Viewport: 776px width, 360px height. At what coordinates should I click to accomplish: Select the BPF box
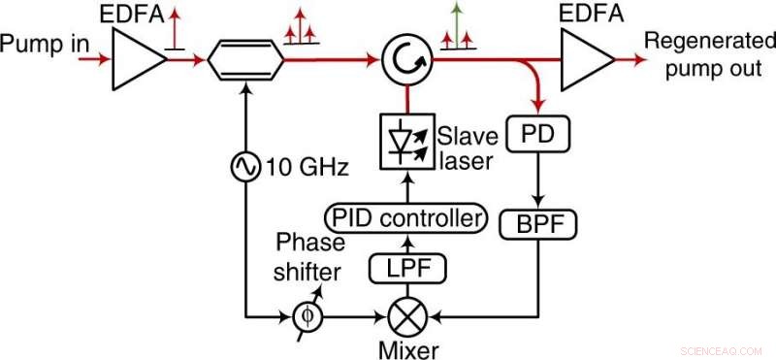tap(536, 226)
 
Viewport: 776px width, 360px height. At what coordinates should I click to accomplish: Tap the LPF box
tap(399, 265)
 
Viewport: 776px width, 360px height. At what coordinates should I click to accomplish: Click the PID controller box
tap(404, 217)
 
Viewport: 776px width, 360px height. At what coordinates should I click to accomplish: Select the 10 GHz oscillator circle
tap(242, 168)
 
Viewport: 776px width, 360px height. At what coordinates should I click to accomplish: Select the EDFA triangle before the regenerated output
tap(584, 60)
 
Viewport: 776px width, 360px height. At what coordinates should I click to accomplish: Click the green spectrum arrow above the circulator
tap(455, 18)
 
